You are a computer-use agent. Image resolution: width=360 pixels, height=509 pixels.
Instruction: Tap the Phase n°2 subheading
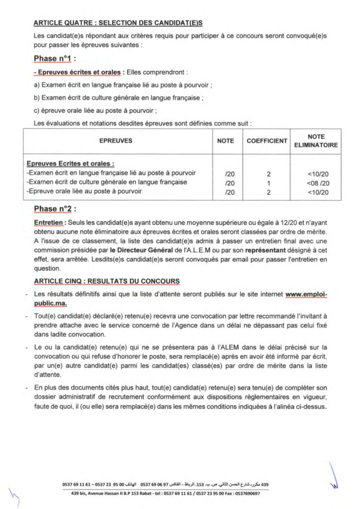click(x=55, y=209)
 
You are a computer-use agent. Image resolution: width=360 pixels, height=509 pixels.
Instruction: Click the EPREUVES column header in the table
click(x=115, y=141)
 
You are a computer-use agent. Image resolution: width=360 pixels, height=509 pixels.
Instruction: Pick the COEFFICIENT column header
click(x=267, y=141)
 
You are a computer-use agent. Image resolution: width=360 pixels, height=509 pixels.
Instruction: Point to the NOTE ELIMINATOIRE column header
click(x=316, y=141)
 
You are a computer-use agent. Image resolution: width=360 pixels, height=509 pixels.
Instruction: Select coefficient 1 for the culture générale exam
click(x=268, y=182)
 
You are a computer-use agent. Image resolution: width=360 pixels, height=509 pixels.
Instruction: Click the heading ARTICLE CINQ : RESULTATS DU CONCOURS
click(x=107, y=281)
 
